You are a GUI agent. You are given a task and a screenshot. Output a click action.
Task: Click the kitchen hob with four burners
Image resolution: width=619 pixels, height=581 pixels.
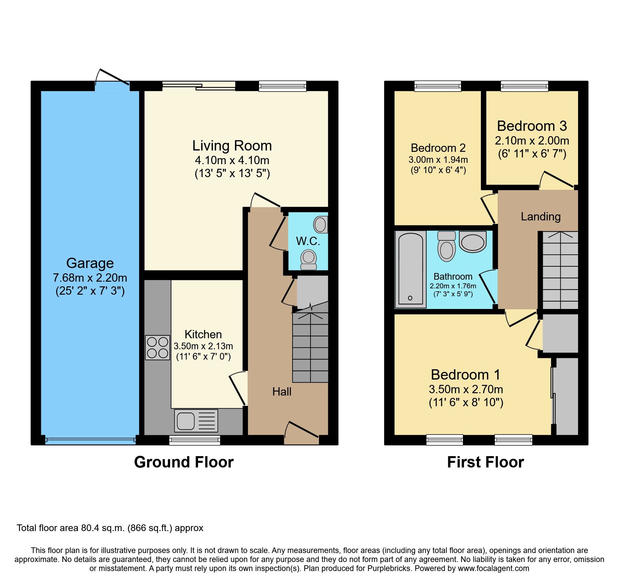(157, 348)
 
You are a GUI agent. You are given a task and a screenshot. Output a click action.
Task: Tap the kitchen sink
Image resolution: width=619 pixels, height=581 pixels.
(196, 421)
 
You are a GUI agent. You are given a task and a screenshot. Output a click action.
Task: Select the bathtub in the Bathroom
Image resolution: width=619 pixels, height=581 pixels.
(410, 269)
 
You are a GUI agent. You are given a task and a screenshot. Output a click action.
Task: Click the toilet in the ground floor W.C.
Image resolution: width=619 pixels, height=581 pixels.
(309, 259)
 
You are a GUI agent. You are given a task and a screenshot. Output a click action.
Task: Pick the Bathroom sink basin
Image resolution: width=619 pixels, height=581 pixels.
(472, 242)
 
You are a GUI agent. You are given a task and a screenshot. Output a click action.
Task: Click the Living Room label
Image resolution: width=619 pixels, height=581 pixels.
(232, 146)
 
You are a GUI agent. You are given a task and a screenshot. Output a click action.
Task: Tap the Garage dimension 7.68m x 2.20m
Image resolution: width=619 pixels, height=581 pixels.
(90, 278)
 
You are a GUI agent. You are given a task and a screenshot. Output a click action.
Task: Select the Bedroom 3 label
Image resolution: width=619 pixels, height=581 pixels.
(532, 126)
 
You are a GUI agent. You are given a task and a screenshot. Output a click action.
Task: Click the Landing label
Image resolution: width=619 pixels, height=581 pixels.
(540, 217)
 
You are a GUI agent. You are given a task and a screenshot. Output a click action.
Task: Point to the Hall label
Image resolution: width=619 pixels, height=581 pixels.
(282, 392)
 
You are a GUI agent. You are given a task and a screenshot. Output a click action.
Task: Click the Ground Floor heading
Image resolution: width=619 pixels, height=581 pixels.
(184, 462)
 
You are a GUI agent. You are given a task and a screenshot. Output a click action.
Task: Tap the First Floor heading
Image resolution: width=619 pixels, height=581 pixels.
(485, 462)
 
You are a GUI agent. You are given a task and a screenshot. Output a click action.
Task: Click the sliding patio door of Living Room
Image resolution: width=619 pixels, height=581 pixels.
(199, 86)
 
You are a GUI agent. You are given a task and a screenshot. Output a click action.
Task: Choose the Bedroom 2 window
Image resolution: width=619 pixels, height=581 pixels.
(438, 86)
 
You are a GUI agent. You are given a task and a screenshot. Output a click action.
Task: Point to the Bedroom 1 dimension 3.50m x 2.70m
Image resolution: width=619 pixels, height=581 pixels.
(466, 389)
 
